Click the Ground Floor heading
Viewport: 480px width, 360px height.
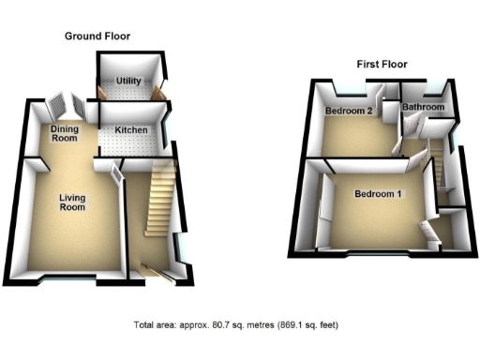97,36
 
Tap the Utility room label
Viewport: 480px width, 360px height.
129,82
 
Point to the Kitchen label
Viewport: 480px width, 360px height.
131,128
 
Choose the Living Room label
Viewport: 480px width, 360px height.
72,202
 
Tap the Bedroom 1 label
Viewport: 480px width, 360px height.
378,195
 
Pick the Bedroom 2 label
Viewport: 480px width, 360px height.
349,111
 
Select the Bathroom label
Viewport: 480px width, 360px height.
423,108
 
